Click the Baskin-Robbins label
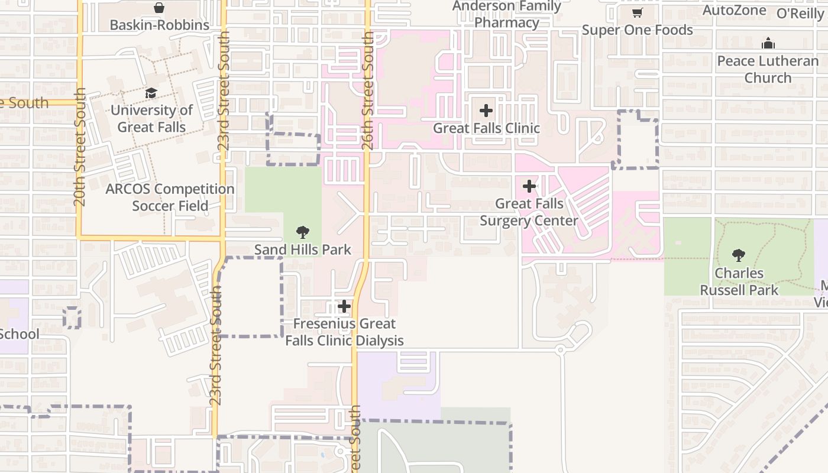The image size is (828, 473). click(160, 25)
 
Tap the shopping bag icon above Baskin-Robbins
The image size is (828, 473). click(159, 8)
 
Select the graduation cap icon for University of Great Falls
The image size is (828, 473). click(151, 93)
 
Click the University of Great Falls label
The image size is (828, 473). click(151, 119)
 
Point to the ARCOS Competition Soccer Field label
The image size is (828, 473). click(170, 197)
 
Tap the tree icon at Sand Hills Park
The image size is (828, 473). click(303, 232)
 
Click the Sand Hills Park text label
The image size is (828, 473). click(303, 250)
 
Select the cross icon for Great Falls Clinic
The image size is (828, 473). click(486, 111)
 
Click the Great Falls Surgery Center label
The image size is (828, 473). click(529, 212)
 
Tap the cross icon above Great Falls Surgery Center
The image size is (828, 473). click(529, 187)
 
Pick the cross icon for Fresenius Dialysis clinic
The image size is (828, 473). click(344, 306)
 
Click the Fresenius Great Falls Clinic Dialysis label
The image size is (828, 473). click(344, 332)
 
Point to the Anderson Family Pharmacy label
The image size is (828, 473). click(507, 15)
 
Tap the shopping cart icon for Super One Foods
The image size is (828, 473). click(637, 12)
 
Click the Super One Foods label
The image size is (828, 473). click(637, 30)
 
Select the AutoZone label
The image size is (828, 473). click(734, 11)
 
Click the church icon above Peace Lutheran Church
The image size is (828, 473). click(768, 43)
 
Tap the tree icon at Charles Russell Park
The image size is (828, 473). click(738, 255)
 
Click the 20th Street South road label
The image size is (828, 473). click(80, 147)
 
